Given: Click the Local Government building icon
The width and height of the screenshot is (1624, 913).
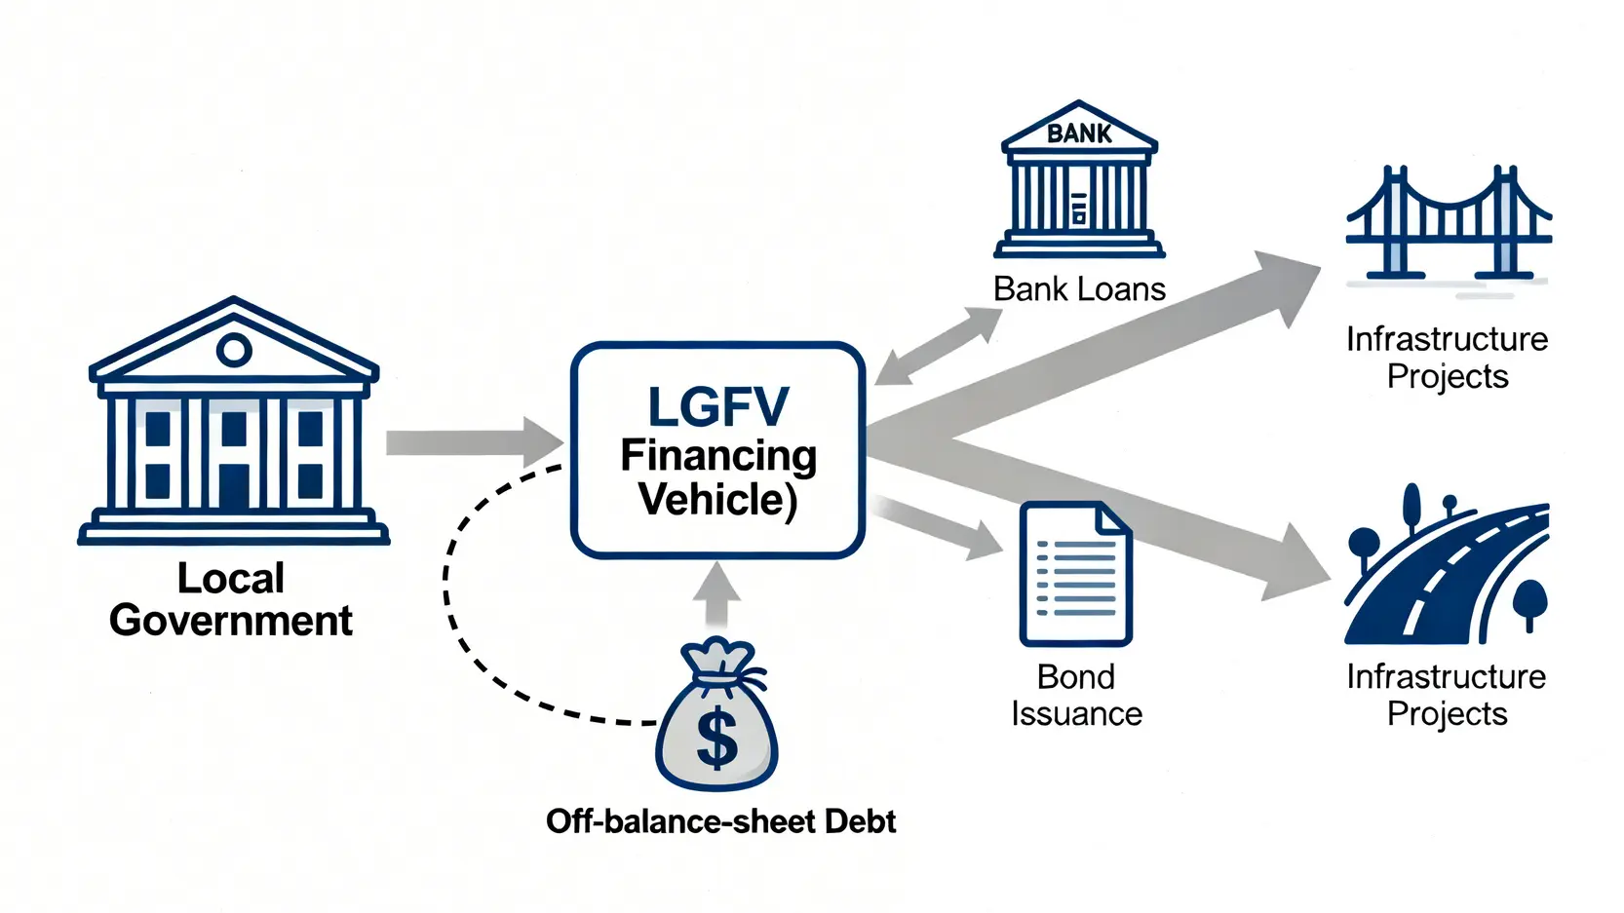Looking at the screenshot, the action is [x=233, y=420].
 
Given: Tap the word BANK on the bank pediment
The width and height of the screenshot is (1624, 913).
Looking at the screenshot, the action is [x=1079, y=133].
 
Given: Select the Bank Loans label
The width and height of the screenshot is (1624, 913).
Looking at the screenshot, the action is [x=1079, y=289].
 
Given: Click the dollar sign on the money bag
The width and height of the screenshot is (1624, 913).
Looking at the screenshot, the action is [x=716, y=739].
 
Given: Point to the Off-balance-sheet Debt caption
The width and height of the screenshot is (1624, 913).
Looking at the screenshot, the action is [x=720, y=821].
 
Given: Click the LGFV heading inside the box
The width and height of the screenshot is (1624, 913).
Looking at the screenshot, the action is [x=717, y=406].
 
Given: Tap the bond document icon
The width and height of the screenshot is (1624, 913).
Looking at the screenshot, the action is [x=1076, y=573].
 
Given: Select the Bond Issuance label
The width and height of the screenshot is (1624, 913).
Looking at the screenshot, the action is [x=1076, y=696].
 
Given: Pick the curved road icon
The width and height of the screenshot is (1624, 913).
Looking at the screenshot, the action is [x=1448, y=565].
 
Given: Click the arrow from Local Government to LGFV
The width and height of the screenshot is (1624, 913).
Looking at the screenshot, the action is [x=475, y=442].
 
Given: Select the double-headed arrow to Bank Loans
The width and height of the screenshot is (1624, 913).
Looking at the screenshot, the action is [x=938, y=346].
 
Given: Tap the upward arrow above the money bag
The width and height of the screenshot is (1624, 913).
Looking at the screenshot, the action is [x=716, y=594].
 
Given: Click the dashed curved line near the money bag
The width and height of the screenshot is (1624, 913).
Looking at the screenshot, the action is [x=464, y=637].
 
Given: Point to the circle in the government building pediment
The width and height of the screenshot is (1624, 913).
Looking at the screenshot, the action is [x=233, y=350].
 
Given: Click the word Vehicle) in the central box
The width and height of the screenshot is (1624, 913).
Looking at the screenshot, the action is [x=717, y=499].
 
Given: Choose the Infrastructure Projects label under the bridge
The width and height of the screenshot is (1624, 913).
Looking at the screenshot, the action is [x=1448, y=358].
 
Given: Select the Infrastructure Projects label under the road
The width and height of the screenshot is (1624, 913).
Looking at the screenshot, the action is [x=1448, y=696].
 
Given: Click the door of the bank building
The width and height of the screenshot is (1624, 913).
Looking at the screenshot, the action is [x=1079, y=208].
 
